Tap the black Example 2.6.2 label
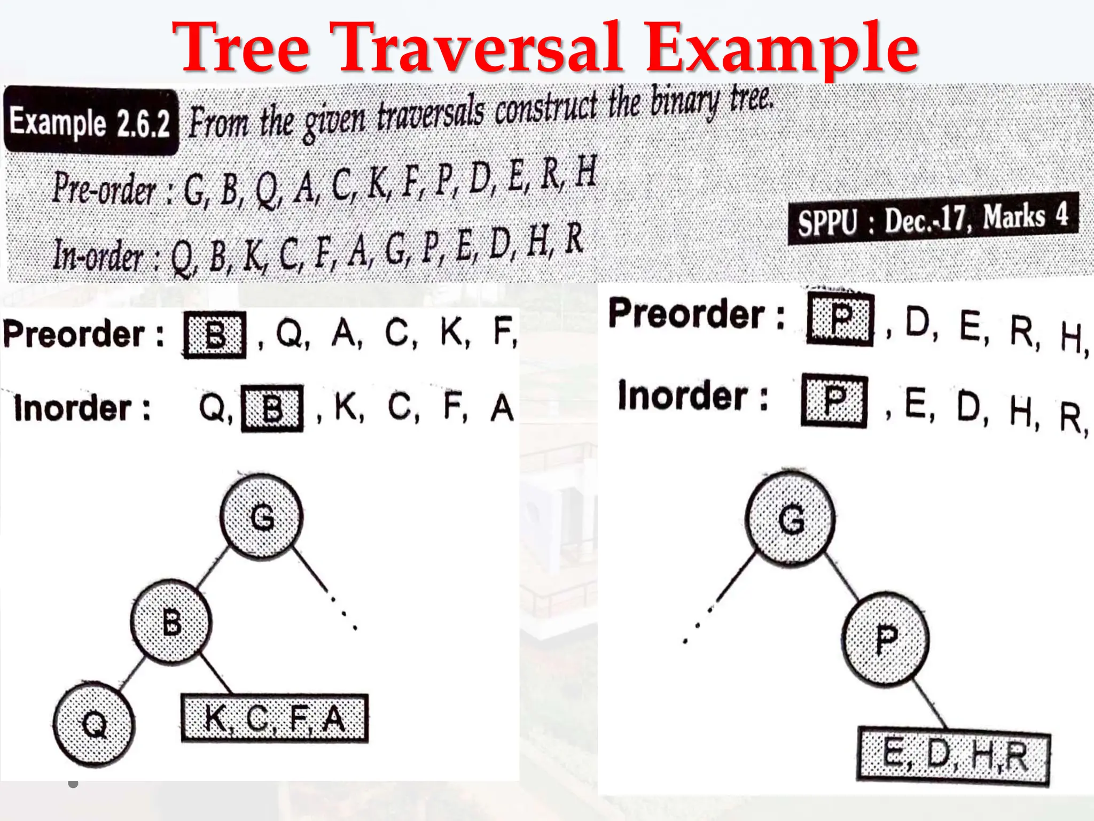pyautogui.click(x=90, y=122)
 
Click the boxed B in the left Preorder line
pyautogui.click(x=215, y=335)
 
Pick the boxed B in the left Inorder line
pyautogui.click(x=272, y=408)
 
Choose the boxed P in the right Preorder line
pyautogui.click(x=840, y=319)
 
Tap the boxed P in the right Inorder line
pyautogui.click(x=834, y=401)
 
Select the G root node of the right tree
pyautogui.click(x=791, y=518)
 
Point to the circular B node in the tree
pyautogui.click(x=171, y=622)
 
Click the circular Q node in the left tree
pyautogui.click(x=95, y=725)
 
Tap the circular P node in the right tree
pyautogui.click(x=886, y=639)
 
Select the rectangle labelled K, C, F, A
pyautogui.click(x=275, y=718)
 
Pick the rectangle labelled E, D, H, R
pyautogui.click(x=954, y=756)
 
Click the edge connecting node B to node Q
pyautogui.click(x=132, y=673)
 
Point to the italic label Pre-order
pyautogui.click(x=104, y=189)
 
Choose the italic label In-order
pyautogui.click(x=98, y=255)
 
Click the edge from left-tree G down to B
pyautogui.click(x=212, y=569)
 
